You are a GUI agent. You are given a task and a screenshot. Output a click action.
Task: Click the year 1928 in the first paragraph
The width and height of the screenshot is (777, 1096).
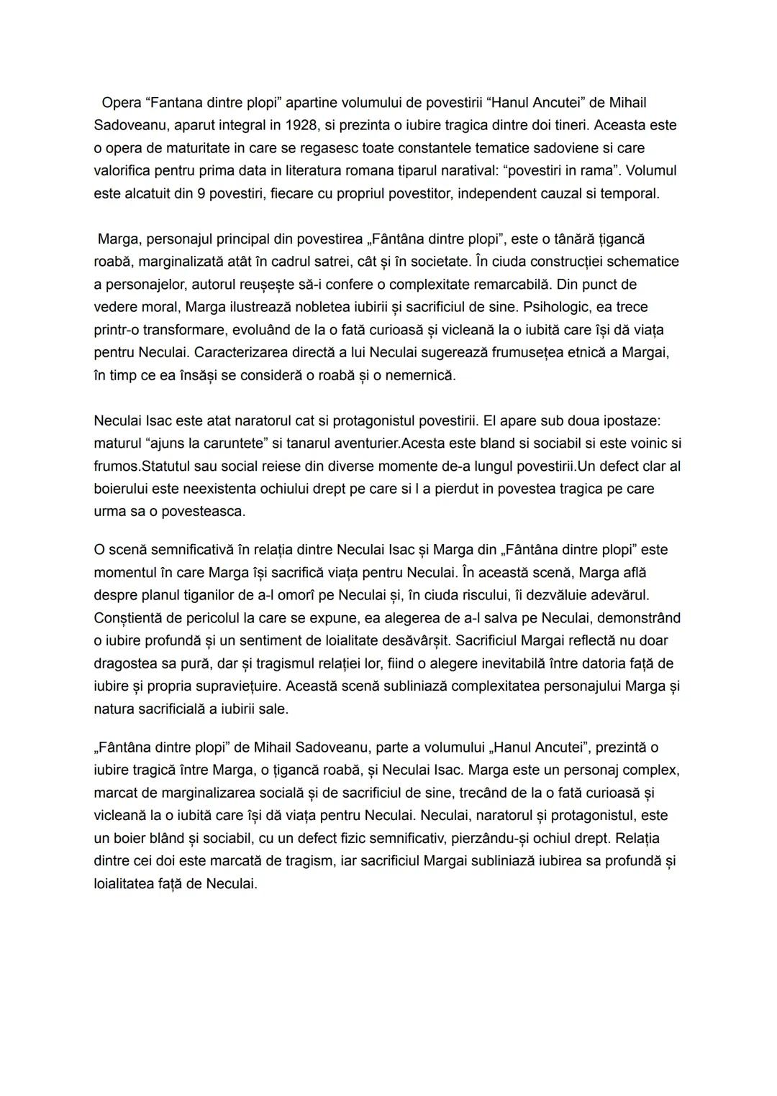303,126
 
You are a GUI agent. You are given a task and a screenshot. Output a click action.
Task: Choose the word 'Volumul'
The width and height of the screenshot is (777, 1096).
652,171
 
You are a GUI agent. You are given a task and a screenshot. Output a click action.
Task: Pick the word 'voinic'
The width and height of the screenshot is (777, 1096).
651,443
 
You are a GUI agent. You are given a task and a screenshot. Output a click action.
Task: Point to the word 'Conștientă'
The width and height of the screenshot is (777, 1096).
131,618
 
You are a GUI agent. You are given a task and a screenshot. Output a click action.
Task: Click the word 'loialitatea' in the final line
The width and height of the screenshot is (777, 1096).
127,884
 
